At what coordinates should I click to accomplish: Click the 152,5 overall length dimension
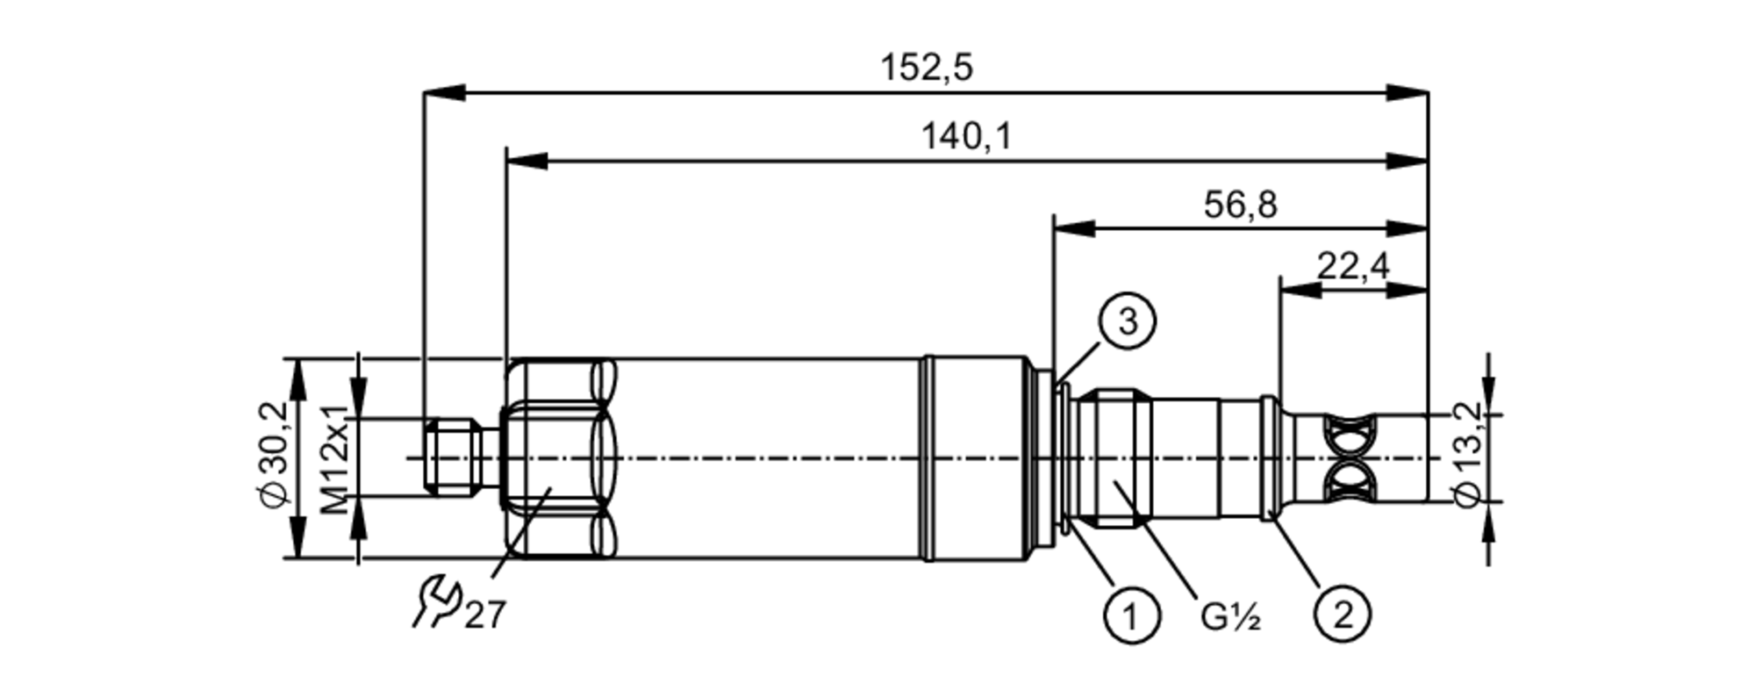point(927,68)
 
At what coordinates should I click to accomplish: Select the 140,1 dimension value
point(966,137)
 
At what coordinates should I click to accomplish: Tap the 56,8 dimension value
point(1240,205)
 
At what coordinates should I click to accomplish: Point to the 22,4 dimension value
point(1353,265)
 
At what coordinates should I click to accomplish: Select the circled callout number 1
point(1130,616)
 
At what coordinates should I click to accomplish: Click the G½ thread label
point(1230,618)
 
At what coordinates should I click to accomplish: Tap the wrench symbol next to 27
point(436,601)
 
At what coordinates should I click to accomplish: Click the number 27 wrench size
point(486,615)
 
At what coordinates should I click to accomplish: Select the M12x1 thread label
point(334,459)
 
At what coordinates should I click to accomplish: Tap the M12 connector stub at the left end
point(451,457)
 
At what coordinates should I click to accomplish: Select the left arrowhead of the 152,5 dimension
point(444,92)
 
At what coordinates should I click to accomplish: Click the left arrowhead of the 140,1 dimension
point(527,161)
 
